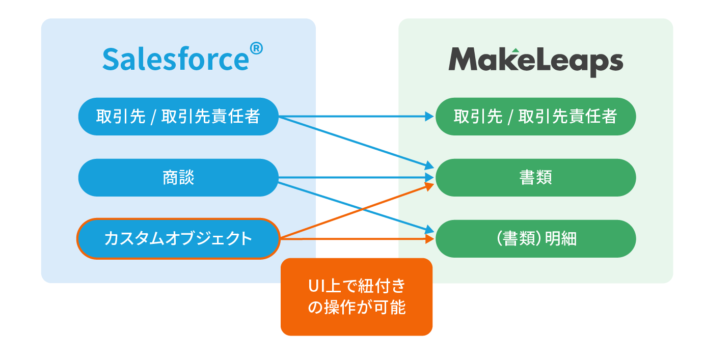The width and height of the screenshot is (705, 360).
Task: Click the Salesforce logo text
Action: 176,59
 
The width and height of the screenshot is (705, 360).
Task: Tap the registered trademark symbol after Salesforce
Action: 256,49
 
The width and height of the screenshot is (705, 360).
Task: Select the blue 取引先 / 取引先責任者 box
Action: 178,117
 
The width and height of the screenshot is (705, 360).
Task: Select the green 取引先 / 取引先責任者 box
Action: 535,117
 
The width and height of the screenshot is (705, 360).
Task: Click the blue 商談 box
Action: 178,178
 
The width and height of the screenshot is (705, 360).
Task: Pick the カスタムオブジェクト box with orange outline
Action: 178,238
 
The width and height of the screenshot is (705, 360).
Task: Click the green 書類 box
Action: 535,178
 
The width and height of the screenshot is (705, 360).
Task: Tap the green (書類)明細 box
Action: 535,238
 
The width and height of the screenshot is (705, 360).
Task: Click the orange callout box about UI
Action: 356,297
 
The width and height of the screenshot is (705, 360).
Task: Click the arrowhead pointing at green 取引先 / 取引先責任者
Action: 429,117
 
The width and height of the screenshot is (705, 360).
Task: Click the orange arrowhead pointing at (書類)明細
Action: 429,238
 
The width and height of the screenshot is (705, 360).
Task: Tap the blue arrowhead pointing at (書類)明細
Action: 428,230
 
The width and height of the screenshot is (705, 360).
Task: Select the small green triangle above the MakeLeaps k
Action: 516,50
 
